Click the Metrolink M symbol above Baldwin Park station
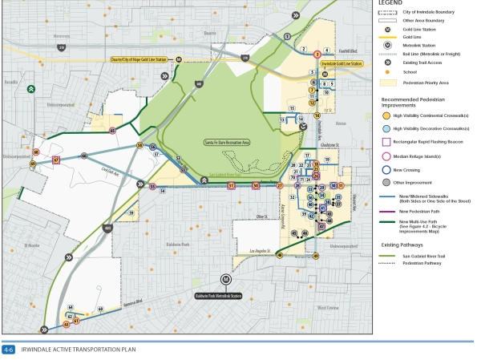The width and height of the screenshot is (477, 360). pos(226,278)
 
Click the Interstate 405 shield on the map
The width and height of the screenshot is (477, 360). pos(107,228)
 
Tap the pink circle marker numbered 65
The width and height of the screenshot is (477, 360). pos(112,130)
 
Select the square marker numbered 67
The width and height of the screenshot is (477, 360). pos(55,160)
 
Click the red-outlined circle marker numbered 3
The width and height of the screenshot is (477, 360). pos(317,54)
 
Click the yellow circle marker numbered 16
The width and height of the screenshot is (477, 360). pos(317,115)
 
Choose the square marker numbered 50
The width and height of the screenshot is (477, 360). pos(256,185)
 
